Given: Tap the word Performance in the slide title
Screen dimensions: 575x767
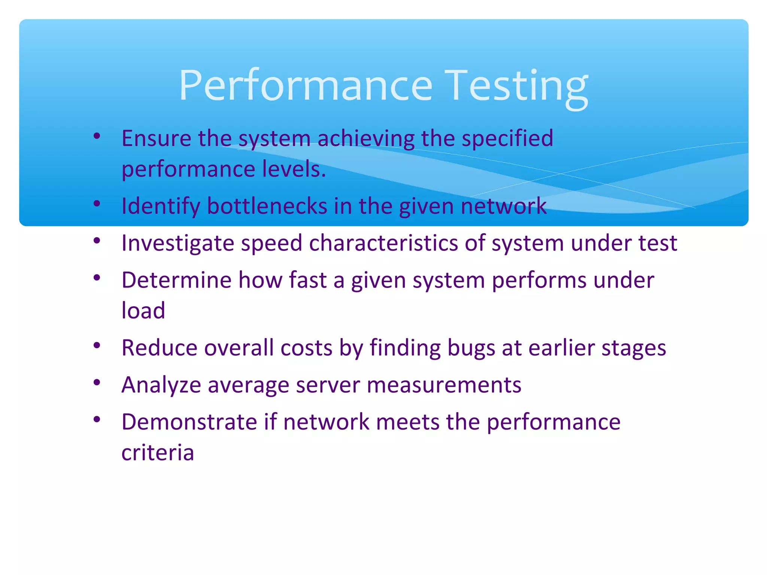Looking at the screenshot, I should pyautogui.click(x=306, y=86).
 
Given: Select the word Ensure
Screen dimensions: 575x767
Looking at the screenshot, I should pyautogui.click(x=157, y=138).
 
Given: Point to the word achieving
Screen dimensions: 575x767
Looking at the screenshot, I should pyautogui.click(x=366, y=139).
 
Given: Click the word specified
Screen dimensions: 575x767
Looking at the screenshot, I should pyautogui.click(x=507, y=139).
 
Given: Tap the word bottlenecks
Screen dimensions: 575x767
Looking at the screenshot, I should pyautogui.click(x=267, y=206).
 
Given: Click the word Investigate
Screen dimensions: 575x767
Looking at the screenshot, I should pyautogui.click(x=178, y=243).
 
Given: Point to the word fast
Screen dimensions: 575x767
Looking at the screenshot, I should pyautogui.click(x=308, y=280).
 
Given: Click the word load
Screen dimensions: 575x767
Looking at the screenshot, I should pyautogui.click(x=143, y=310).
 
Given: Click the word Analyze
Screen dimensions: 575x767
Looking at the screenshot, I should pyautogui.click(x=161, y=385).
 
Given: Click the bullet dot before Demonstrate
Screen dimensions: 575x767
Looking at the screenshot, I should pyautogui.click(x=97, y=419).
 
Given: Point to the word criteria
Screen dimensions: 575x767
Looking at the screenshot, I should pyautogui.click(x=158, y=453).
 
